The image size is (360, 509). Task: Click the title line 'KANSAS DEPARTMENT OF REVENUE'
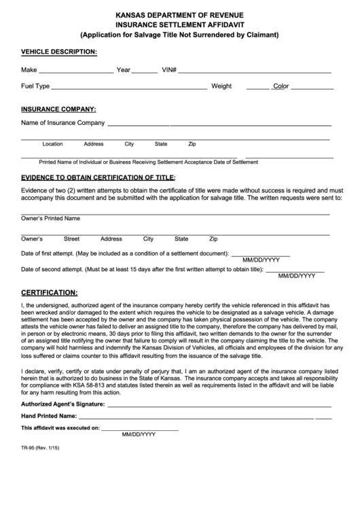click(179, 14)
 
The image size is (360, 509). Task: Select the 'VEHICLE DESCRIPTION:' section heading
click(59, 52)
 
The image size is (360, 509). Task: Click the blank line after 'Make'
click(76, 72)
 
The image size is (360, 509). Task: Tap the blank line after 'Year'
click(144, 72)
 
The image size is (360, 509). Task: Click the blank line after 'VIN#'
click(255, 72)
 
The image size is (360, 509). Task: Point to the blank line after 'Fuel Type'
click(129, 89)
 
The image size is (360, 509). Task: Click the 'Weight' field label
click(221, 87)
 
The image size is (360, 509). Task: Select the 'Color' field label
click(281, 87)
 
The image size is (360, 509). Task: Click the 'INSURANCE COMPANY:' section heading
click(58, 109)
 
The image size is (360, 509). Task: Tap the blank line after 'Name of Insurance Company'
click(219, 126)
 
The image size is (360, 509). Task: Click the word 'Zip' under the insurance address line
click(192, 144)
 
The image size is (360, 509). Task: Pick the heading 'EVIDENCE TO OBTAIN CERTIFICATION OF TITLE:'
click(98, 177)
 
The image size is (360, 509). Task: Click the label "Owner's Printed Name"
click(51, 219)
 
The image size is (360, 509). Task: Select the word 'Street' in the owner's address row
click(71, 239)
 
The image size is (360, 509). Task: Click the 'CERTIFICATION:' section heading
click(50, 292)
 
